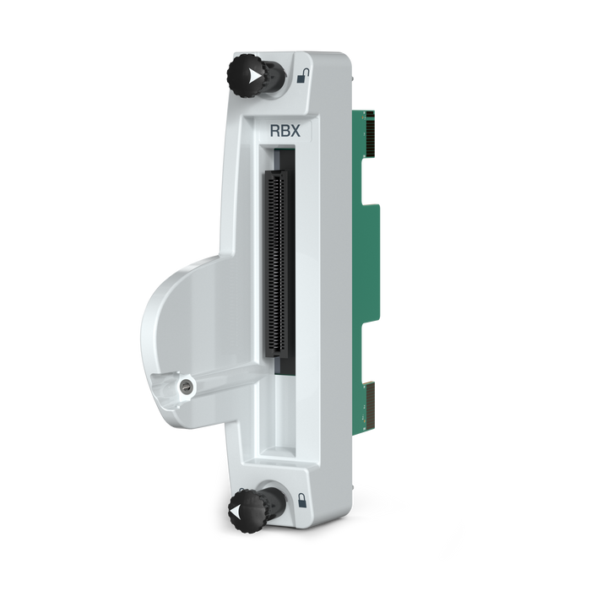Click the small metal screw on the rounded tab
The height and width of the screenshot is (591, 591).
click(185, 387)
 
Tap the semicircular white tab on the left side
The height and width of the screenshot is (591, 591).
click(182, 338)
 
